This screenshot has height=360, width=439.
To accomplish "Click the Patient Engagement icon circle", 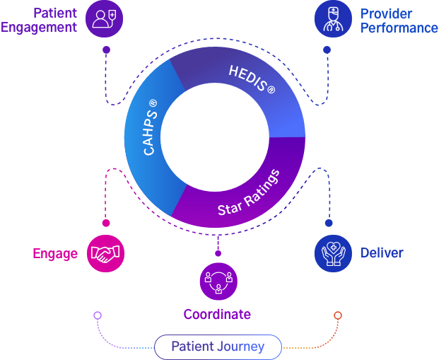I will click(x=104, y=18).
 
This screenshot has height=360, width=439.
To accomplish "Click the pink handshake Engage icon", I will click(x=106, y=253).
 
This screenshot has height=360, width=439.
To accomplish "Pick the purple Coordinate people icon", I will click(x=218, y=281).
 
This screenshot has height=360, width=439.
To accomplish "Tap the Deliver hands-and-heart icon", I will click(x=332, y=253).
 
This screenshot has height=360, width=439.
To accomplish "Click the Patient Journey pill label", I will click(x=218, y=347).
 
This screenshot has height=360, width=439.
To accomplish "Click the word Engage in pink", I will click(x=55, y=254).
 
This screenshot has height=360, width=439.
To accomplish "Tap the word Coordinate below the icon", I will click(x=217, y=313).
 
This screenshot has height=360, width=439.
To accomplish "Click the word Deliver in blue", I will click(x=382, y=252).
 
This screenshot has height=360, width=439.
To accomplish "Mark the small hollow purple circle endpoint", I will click(x=98, y=315).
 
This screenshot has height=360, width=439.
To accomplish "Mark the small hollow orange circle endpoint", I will click(x=338, y=315).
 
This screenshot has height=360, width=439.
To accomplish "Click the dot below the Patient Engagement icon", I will click(x=106, y=50).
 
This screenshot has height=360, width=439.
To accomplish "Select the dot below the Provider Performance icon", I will click(x=327, y=50).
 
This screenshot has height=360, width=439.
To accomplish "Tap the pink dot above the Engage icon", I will click(x=106, y=223).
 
